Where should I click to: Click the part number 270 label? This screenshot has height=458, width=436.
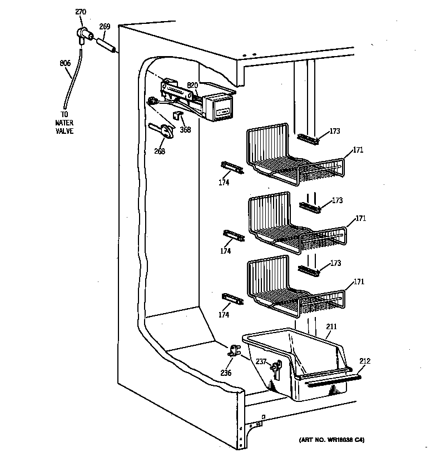81,11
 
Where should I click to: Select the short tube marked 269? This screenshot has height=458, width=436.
106,44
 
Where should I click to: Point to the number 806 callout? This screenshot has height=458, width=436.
65,63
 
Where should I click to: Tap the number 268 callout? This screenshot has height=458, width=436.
160,150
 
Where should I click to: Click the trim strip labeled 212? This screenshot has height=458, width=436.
328,381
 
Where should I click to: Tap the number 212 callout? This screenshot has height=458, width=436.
364,361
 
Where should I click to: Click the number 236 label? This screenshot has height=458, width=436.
226,373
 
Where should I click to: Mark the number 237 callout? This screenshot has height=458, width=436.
261,361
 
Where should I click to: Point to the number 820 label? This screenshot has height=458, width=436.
192,85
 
